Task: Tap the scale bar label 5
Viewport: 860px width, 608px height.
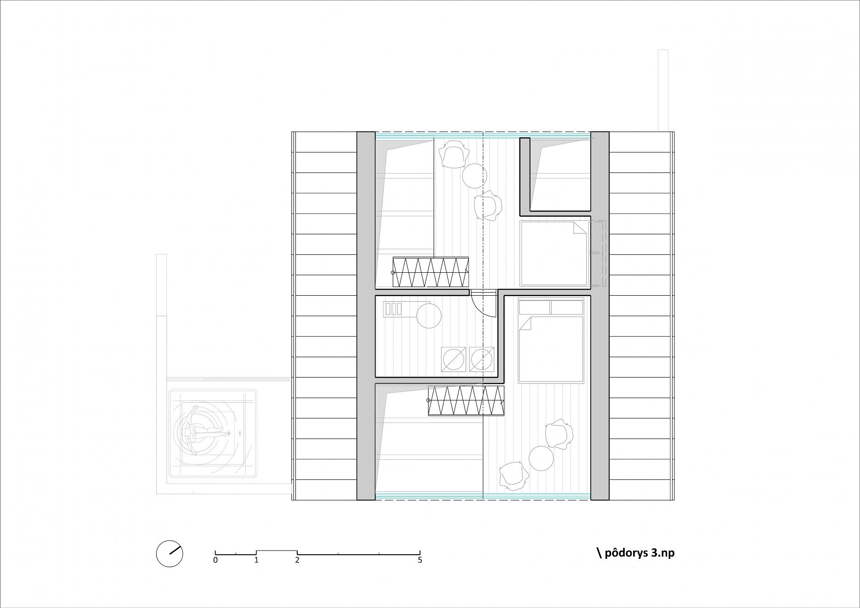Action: click(420, 560)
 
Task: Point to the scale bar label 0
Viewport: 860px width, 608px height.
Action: click(215, 560)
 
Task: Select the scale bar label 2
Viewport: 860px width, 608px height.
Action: click(297, 560)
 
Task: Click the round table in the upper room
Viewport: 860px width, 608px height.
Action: click(474, 175)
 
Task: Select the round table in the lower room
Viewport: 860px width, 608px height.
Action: click(541, 458)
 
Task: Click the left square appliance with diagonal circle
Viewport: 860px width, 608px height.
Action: click(454, 360)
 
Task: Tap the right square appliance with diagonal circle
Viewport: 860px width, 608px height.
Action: click(481, 360)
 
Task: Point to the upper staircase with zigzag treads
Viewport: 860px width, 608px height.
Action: click(430, 272)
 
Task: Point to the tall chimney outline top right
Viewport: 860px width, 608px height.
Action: click(663, 90)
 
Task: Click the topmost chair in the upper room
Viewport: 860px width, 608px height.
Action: click(454, 154)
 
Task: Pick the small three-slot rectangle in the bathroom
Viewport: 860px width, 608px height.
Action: click(394, 309)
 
